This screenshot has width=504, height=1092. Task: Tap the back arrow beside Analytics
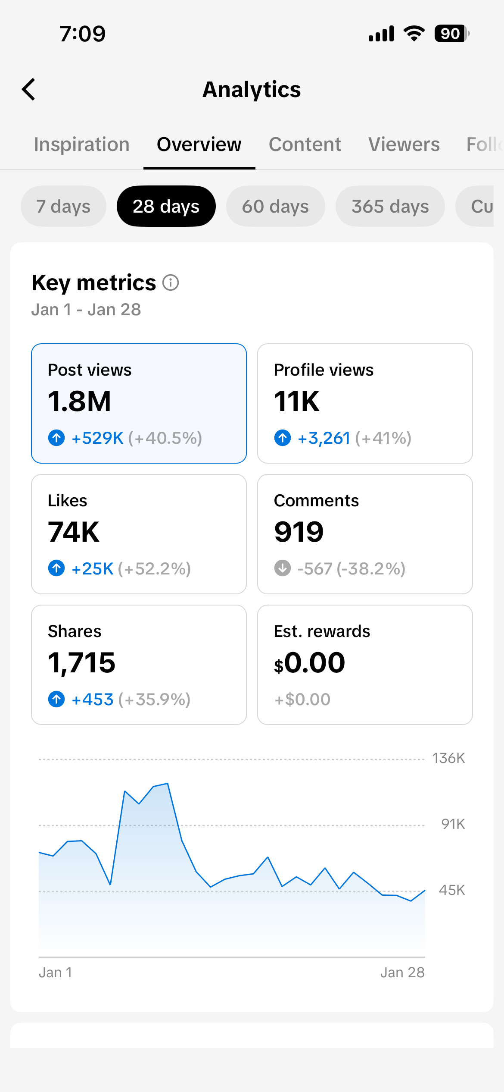[29, 89]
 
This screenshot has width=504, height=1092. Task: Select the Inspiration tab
[82, 144]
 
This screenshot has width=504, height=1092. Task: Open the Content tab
[305, 144]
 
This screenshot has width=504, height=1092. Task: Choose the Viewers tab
[404, 144]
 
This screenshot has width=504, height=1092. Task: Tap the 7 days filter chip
[63, 206]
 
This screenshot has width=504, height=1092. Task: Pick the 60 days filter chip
[275, 206]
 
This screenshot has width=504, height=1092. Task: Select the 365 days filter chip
[390, 206]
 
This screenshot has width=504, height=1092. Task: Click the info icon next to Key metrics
[171, 283]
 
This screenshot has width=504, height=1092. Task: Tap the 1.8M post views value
[80, 401]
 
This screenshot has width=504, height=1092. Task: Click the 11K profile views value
[297, 401]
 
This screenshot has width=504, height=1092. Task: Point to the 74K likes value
[74, 532]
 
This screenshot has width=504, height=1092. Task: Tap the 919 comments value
[299, 532]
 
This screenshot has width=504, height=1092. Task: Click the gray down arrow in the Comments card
[283, 568]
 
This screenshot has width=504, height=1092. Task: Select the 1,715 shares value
[82, 662]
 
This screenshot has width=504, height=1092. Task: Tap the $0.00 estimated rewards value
[310, 662]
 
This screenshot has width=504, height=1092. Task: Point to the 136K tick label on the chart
[448, 758]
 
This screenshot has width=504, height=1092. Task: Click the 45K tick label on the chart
[452, 890]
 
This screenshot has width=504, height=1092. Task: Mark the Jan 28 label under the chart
[402, 973]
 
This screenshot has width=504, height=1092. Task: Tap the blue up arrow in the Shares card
[56, 699]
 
